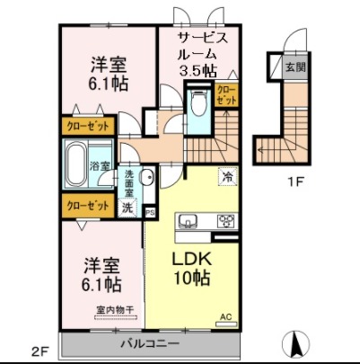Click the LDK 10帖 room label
[191, 267]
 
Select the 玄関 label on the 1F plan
[294, 67]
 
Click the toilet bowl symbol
[198, 104]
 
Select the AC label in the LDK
[226, 317]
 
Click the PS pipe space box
[150, 212]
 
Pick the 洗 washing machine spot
[127, 207]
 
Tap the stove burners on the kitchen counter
[224, 219]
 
